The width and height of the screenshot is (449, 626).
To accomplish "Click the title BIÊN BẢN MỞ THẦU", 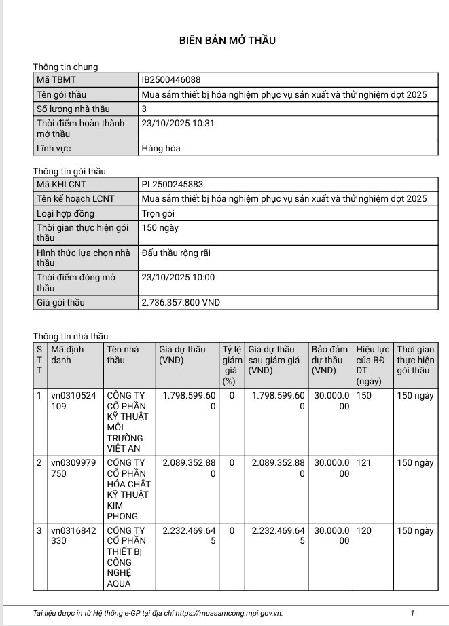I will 228,41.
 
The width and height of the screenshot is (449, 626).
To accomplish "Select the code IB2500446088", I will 170,80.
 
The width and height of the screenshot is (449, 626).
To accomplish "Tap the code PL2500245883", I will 172,184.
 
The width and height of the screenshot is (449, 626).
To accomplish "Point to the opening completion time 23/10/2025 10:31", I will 177,123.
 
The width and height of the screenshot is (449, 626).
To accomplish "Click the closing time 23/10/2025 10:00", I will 177,277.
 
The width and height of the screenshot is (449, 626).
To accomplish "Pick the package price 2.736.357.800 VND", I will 180,303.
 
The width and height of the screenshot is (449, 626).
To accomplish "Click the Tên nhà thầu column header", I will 123,354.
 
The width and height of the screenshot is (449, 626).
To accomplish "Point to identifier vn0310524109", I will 75,401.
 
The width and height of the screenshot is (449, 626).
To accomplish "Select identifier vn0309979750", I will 75,468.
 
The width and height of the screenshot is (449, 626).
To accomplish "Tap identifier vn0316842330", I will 75,536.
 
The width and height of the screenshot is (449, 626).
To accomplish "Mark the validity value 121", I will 364,463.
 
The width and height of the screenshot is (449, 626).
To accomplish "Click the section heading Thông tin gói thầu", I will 69,172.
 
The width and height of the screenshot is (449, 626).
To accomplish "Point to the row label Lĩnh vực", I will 54,148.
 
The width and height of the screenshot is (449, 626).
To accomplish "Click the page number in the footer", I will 412,614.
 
